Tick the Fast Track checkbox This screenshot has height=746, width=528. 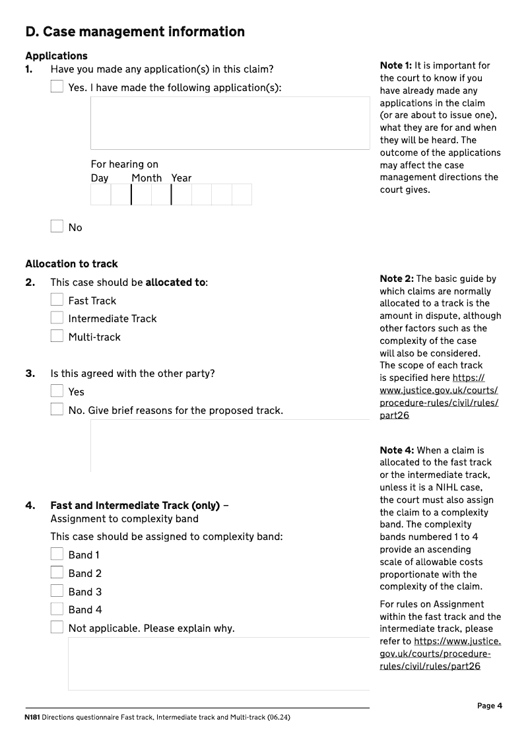click(57, 300)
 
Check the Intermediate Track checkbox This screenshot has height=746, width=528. click(57, 318)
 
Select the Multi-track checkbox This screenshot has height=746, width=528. click(57, 336)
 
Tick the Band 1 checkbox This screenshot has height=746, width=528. click(57, 554)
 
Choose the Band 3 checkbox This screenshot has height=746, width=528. click(57, 591)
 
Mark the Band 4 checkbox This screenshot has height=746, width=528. click(57, 609)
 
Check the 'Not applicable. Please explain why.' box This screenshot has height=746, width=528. click(57, 627)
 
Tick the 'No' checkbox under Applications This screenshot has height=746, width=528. click(57, 226)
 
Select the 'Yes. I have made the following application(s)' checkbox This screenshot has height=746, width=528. click(57, 86)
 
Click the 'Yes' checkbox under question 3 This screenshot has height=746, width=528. click(57, 391)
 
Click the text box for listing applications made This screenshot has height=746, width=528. click(230, 123)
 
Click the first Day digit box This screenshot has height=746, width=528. click(100, 195)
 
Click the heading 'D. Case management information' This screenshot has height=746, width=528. click(135, 32)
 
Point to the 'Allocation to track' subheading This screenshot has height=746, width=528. click(71, 263)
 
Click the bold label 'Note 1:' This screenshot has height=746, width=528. click(396, 65)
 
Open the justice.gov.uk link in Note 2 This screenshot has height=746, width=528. click(439, 397)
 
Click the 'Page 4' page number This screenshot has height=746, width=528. click(490, 706)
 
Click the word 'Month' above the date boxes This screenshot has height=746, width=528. click(147, 178)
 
